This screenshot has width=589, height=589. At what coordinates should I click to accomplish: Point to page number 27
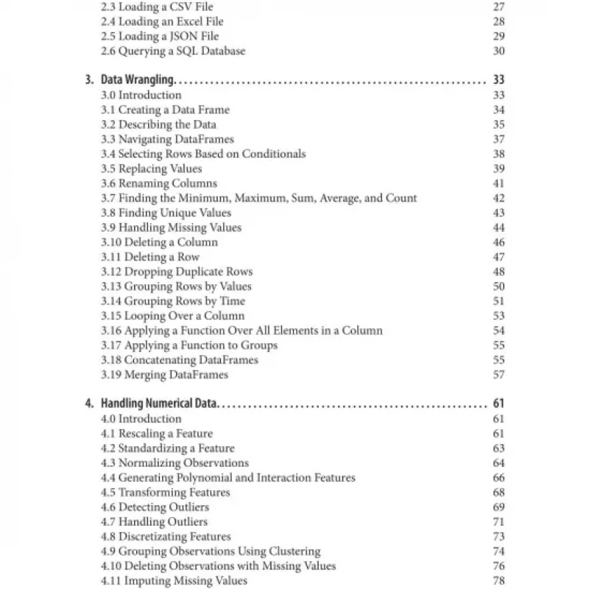498,7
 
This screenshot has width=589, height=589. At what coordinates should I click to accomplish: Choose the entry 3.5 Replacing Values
151,169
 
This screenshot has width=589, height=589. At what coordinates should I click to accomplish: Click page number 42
498,198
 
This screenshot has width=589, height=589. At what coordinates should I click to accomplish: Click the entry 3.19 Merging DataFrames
164,375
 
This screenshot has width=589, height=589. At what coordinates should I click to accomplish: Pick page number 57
498,375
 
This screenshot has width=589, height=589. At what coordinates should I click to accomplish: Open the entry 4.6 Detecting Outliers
155,507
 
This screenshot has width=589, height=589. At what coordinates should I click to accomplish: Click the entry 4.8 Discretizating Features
166,537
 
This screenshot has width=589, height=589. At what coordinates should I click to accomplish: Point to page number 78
498,581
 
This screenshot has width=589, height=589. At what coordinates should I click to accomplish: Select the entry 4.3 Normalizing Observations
174,463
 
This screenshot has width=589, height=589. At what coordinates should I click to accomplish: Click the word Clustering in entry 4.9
294,551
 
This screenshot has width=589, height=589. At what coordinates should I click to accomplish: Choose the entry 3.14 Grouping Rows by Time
173,301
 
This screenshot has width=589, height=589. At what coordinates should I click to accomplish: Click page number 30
498,51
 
